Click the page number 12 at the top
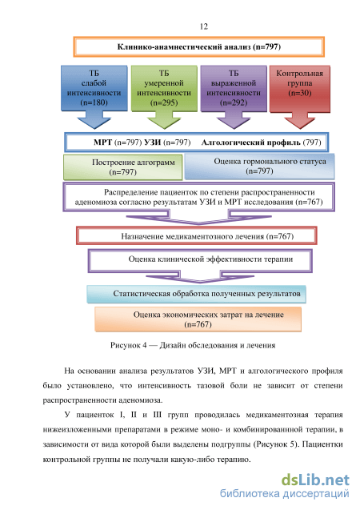point(204,26)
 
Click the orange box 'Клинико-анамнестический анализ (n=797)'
point(199,46)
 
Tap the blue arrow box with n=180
point(94,97)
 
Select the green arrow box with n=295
point(164,97)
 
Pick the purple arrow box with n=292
point(234,97)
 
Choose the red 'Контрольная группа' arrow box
point(300,97)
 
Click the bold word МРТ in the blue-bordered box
point(102,143)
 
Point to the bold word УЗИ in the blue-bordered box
point(152,143)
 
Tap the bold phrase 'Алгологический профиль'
point(251,143)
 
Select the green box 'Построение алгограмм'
point(123,167)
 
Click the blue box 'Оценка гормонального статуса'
point(259,167)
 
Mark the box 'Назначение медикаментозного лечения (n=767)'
point(197,236)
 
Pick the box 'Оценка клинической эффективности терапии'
point(200,260)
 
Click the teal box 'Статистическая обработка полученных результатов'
point(196,294)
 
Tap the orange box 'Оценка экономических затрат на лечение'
point(198,319)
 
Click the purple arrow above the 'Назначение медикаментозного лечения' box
point(199,217)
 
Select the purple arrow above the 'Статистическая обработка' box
point(199,277)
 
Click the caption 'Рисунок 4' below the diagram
point(128,345)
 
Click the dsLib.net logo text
point(315,480)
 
